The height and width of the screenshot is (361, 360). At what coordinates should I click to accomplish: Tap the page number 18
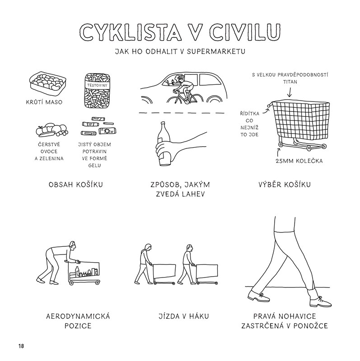(x=21, y=346)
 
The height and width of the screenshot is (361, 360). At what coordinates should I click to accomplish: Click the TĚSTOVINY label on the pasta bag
(x=97, y=85)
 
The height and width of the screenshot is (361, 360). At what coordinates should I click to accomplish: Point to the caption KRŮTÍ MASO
(x=44, y=102)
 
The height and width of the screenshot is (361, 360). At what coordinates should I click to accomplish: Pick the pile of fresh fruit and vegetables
(x=52, y=130)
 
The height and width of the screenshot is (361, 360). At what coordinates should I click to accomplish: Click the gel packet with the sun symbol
(x=108, y=131)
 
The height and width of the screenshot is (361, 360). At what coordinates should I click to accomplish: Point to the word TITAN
(x=290, y=82)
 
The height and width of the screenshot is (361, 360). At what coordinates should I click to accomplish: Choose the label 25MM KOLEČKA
(x=299, y=161)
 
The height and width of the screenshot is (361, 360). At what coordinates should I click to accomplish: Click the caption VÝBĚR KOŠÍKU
(x=285, y=185)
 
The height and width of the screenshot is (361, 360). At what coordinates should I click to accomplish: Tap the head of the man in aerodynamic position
(x=73, y=246)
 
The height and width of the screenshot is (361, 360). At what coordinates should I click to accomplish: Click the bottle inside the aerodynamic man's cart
(x=77, y=272)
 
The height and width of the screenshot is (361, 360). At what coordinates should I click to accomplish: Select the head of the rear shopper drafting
(x=148, y=248)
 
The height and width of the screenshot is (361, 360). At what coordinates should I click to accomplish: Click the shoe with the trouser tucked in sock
(x=321, y=301)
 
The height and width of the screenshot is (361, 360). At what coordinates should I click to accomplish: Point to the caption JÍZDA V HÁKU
(x=184, y=316)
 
